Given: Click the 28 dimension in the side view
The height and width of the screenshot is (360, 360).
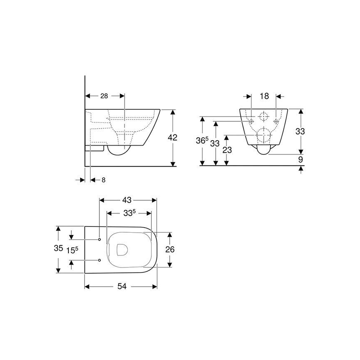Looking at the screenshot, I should click(x=104, y=96).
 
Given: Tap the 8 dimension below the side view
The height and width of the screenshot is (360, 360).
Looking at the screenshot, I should click(x=103, y=180).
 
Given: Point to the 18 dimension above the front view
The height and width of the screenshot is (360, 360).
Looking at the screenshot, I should click(x=264, y=96).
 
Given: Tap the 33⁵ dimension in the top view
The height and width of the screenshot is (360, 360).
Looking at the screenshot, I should click(x=129, y=214).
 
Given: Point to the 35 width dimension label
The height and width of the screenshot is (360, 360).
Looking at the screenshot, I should click(x=58, y=249).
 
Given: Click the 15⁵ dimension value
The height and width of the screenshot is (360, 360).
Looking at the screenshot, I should click(x=72, y=250).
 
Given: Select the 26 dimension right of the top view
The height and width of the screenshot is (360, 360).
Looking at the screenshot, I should click(x=170, y=250).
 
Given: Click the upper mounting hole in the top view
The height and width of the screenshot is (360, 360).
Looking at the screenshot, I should click(x=100, y=240).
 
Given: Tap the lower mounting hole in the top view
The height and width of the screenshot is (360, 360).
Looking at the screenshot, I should click(x=100, y=260).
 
